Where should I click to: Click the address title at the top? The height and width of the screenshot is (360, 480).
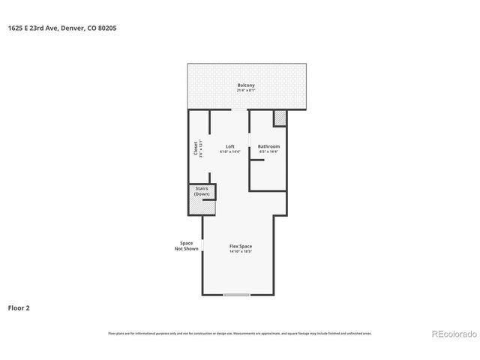point(62,28)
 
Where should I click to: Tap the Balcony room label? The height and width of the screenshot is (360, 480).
point(246,85)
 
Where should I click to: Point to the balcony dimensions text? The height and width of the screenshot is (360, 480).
point(246,91)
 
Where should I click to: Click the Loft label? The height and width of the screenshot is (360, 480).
point(230,146)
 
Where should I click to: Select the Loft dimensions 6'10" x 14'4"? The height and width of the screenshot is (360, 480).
point(230,152)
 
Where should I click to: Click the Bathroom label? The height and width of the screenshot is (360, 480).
point(268,146)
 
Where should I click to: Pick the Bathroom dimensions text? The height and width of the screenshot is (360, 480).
point(268,152)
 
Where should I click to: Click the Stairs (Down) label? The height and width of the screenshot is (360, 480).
point(202,191)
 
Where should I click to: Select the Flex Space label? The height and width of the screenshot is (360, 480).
point(240,246)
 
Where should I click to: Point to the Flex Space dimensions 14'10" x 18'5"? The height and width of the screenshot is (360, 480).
point(240,252)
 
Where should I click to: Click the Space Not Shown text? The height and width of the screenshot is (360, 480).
point(187,246)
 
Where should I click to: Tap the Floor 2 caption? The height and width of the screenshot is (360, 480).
point(19,307)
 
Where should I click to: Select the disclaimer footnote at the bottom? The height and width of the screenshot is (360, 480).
point(240,333)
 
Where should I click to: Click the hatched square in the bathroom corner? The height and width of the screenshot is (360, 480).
point(280,118)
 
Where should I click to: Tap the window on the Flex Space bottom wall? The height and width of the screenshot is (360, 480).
point(236,295)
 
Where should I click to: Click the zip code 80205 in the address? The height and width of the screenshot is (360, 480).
point(106,28)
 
